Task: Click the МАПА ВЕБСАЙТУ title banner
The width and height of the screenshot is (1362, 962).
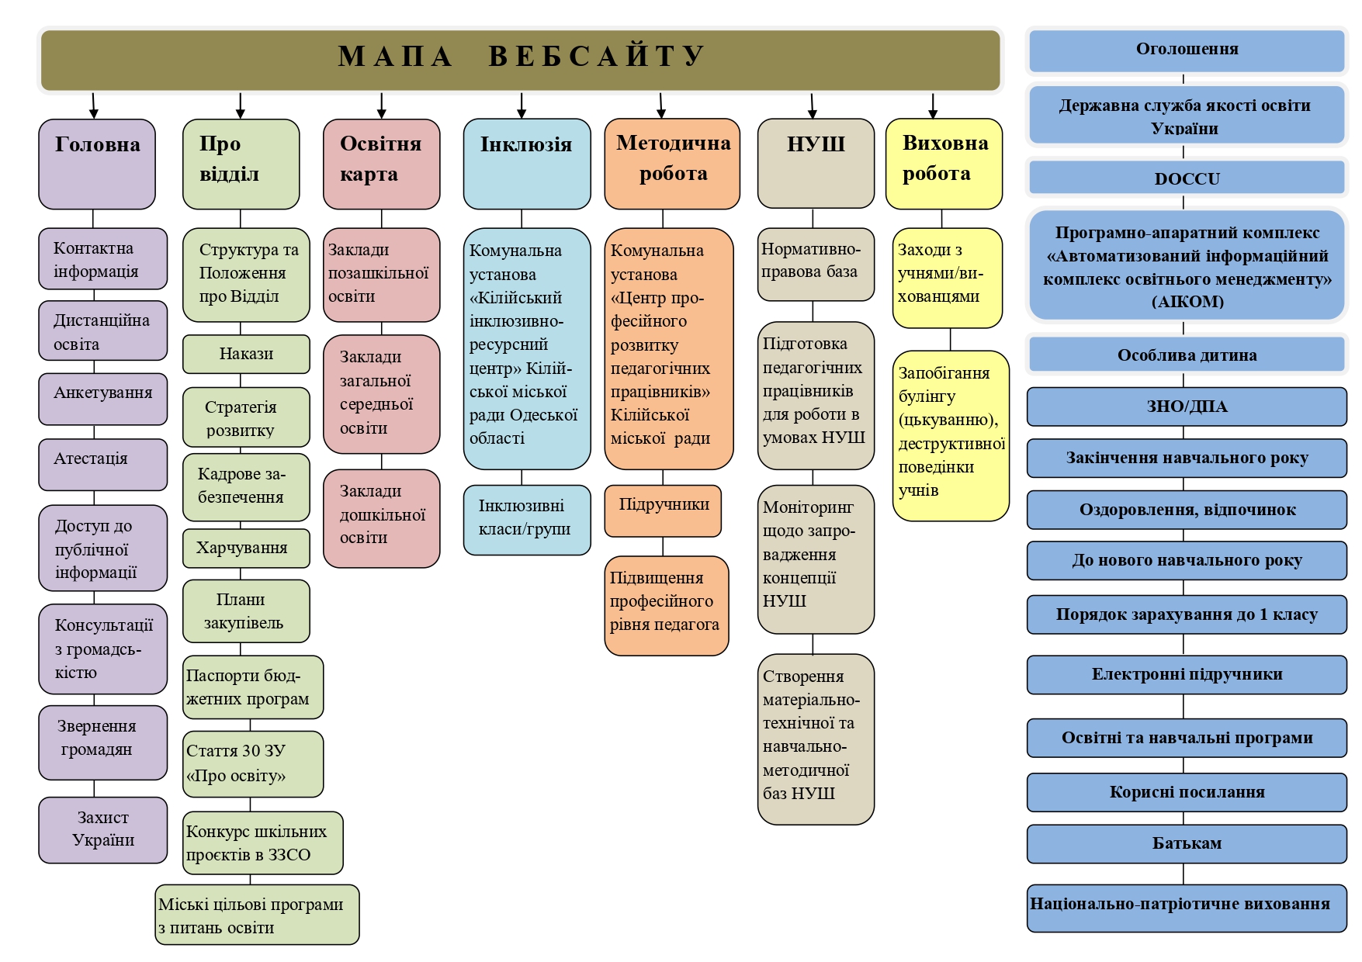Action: click(520, 59)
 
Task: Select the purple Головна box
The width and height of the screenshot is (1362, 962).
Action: click(97, 164)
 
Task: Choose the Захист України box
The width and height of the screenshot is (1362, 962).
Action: click(102, 829)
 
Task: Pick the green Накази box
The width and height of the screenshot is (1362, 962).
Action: click(246, 354)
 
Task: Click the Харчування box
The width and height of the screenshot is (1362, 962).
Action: click(246, 548)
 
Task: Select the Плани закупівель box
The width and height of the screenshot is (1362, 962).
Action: click(246, 611)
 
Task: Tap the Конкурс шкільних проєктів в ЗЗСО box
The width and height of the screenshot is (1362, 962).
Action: click(262, 843)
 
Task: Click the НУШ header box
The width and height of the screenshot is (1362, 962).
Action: click(816, 163)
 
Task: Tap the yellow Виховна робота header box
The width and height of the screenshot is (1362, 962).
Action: click(944, 163)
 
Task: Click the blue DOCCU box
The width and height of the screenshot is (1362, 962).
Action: click(1187, 178)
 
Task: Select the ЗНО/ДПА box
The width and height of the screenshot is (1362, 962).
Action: click(1187, 407)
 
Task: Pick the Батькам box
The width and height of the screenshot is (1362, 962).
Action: click(1187, 843)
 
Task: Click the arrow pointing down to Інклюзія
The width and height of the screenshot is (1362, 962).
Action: click(522, 106)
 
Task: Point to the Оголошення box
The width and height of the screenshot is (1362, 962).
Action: click(1187, 50)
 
